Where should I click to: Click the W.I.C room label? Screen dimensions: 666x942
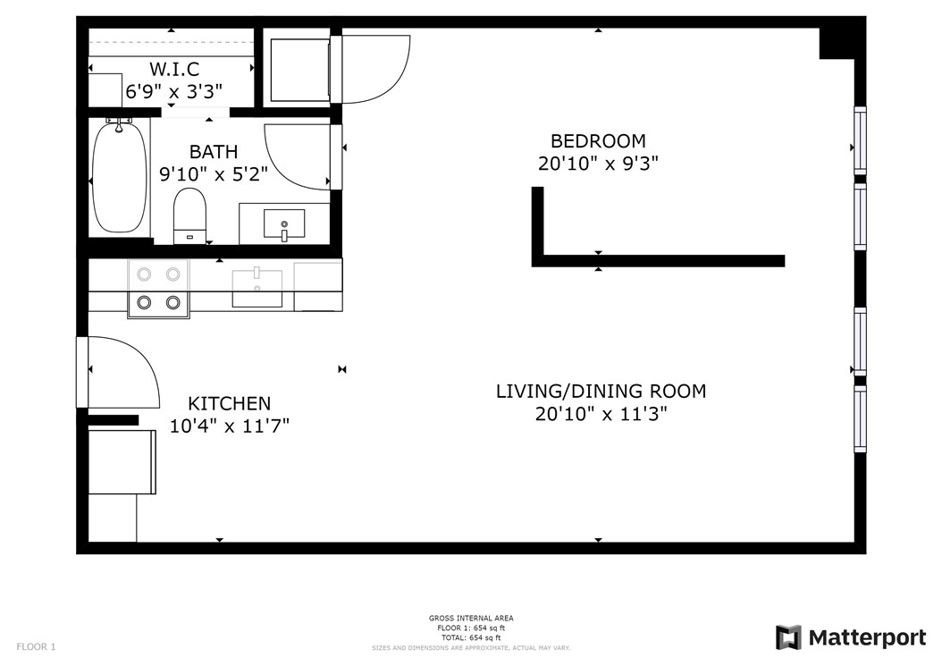[x=173, y=69]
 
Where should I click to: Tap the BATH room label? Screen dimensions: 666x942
[x=214, y=152]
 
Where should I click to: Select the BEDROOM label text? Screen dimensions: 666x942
[x=598, y=141]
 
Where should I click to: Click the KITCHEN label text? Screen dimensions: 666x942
[x=229, y=403]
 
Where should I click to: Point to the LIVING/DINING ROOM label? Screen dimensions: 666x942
[x=601, y=391]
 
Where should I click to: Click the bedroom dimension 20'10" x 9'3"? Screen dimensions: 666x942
[x=598, y=164]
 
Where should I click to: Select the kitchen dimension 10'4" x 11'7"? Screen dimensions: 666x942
[x=229, y=426]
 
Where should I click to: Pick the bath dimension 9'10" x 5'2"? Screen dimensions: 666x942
[x=214, y=174]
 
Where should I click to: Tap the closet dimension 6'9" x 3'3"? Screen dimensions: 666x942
[x=173, y=91]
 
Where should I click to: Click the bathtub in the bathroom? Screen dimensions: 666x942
[x=119, y=176]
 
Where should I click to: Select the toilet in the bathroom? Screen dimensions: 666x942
[x=189, y=215]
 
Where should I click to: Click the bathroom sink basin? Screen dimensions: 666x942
[x=284, y=223]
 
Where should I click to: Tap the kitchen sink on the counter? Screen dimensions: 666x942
[x=257, y=288]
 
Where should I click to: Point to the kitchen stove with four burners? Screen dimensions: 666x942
[x=158, y=289]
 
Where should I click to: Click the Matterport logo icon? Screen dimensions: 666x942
[x=788, y=637]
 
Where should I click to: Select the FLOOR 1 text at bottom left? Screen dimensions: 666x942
[x=35, y=646]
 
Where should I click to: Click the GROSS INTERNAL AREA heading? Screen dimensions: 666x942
[x=471, y=619]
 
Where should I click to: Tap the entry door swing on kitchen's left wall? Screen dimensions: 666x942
[x=121, y=371]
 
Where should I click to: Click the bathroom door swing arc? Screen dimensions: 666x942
[x=297, y=157]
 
